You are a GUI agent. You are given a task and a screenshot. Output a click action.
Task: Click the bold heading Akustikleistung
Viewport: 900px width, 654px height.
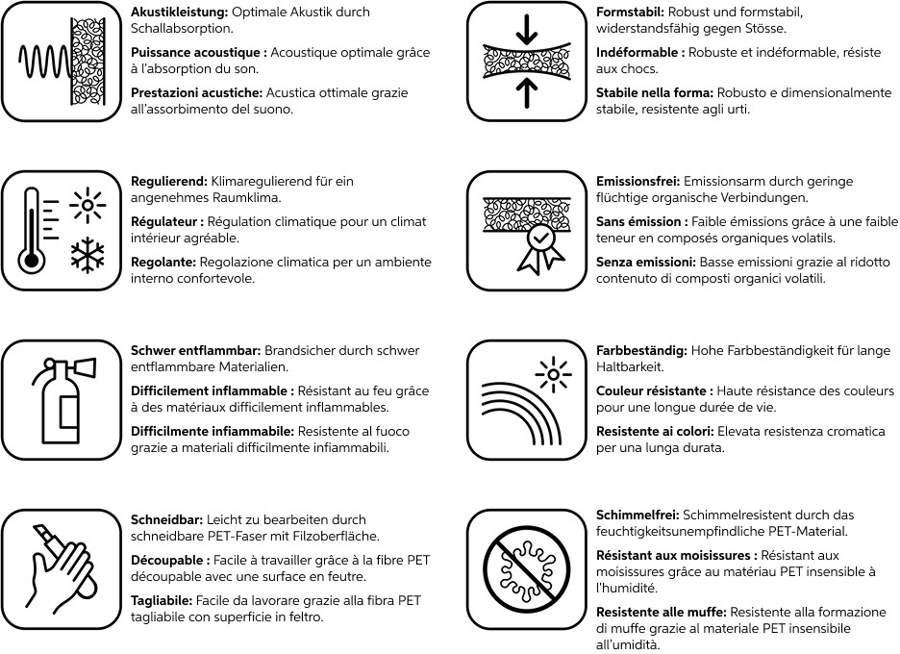(x=177, y=13)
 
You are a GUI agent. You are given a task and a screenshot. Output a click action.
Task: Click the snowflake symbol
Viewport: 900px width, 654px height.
(x=87, y=254)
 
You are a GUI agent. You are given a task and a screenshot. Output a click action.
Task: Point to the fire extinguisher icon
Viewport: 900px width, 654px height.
(x=60, y=399)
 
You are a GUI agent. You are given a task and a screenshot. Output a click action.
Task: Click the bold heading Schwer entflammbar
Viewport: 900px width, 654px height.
(x=195, y=351)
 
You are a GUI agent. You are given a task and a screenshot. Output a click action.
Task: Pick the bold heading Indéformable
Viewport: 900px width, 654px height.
(x=640, y=53)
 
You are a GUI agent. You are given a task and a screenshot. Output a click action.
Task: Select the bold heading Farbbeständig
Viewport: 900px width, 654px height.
(x=641, y=351)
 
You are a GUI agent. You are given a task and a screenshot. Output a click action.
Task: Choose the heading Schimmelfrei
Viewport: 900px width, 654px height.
(x=637, y=515)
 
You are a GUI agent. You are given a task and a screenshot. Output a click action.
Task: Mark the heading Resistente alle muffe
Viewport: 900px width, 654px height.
(x=662, y=613)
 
